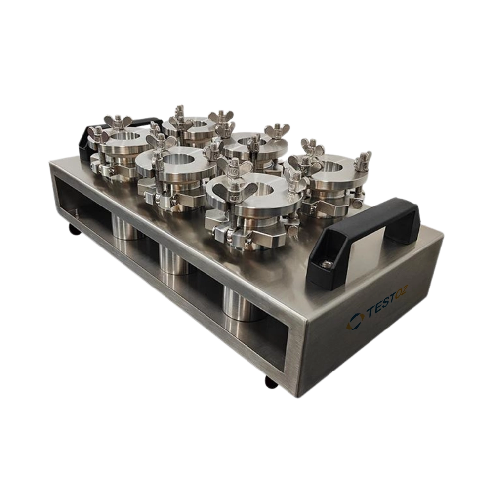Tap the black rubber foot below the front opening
tap(271, 382)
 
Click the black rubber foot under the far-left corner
tap(75, 232)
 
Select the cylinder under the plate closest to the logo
tap(241, 304)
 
